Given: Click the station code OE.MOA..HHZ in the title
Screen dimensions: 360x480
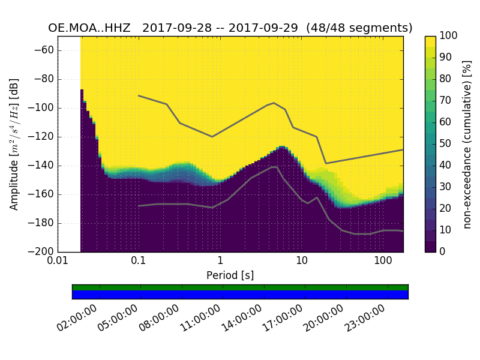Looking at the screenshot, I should coord(91,28).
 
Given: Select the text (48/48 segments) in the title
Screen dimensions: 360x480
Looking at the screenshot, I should coord(359,28).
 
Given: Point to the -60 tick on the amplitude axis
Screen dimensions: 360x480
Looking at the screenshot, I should coord(46,50).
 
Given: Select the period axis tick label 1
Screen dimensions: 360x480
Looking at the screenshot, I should coord(220,262).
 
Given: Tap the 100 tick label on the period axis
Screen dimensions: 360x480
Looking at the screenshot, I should coord(383,262).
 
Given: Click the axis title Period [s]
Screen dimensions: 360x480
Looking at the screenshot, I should coord(230,275).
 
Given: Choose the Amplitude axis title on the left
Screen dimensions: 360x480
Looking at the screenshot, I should coord(14,144).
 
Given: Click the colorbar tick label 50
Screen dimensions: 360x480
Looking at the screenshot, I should coord(448,144).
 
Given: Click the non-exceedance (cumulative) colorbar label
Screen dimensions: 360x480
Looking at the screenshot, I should coord(468,144).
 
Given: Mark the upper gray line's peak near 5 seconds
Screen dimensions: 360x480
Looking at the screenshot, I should coord(274,103).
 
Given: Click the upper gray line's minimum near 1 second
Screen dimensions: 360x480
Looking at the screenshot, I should coord(212,136).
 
